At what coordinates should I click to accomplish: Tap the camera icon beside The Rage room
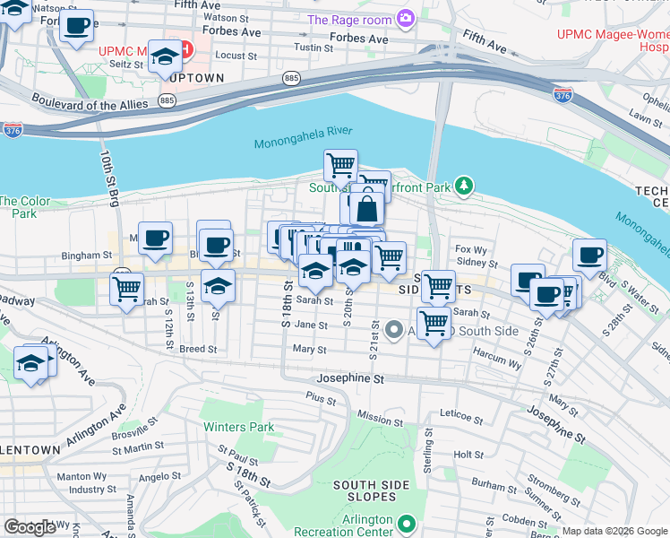coord(406,19)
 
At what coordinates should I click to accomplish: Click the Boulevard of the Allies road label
coord(89,102)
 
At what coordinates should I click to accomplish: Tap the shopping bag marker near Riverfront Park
coord(366,210)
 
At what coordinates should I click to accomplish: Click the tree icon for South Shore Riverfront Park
coord(463,187)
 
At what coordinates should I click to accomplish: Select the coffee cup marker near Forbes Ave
coord(77,25)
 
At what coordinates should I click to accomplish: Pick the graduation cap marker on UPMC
coord(164,57)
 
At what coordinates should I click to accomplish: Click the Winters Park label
coord(238,427)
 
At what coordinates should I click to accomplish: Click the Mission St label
coord(380,419)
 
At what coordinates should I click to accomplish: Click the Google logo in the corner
coord(30,527)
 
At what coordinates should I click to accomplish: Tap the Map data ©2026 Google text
coord(614,531)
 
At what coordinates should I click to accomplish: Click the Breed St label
coord(197,349)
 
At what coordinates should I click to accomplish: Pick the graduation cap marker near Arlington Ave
coord(31,366)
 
